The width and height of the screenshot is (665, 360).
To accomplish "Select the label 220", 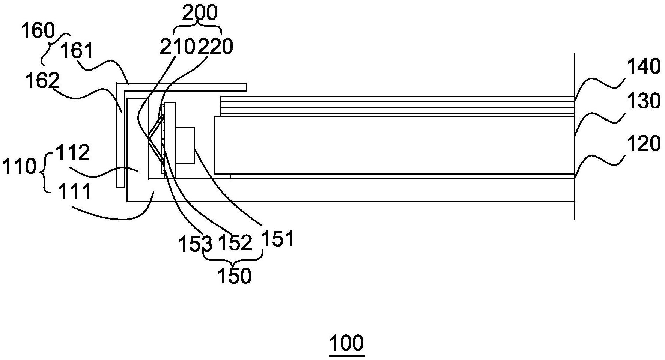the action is pos(215,47).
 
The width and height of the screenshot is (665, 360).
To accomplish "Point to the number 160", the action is pos(38,31).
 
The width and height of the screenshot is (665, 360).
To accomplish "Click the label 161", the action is pos(76,50).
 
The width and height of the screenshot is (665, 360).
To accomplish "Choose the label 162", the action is pos(42,80).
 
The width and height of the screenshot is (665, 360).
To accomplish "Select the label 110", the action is pos(19,166).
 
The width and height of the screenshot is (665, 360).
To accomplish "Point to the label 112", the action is pos(73,152).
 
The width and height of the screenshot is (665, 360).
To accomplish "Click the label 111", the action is pos(74,192).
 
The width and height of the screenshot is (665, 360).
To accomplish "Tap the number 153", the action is pos(196,244).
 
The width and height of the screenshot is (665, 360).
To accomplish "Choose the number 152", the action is pos(235,243).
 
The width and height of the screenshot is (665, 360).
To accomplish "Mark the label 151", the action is pos(277,238).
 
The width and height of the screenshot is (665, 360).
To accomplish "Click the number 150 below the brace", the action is pos(235,276).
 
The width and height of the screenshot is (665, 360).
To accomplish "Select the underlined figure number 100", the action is pos(347,343).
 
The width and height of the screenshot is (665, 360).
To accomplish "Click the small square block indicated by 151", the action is pos(185,146).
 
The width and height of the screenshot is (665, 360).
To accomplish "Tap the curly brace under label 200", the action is pos(198,28).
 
